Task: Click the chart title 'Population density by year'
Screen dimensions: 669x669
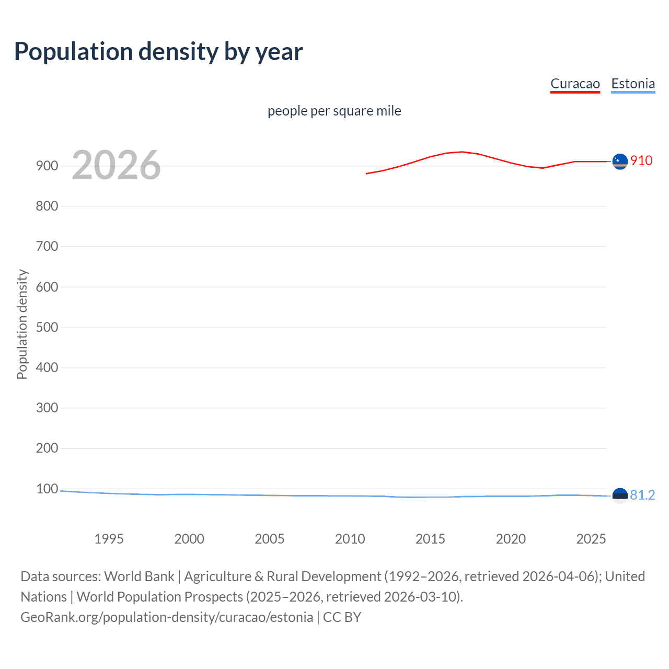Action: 158,52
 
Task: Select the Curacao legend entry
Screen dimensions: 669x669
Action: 575,84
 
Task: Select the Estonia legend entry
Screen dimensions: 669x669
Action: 633,84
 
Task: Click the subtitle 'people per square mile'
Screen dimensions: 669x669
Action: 334,111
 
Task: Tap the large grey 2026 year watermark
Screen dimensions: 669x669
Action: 116,165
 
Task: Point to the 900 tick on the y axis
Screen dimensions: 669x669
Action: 47,166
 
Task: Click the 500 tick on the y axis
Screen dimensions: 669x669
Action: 47,327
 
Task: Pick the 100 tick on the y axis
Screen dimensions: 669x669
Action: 47,489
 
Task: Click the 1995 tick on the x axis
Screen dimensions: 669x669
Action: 109,539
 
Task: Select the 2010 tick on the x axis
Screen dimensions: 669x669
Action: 350,539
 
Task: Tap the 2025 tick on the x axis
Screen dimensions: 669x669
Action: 591,539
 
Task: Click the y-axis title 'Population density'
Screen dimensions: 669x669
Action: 22,324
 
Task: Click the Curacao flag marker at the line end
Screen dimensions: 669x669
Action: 620,162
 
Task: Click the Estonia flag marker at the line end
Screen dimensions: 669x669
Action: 620,495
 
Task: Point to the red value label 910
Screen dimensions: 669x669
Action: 641,160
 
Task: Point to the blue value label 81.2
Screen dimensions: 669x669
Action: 642,495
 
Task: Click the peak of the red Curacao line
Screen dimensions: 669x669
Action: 462,152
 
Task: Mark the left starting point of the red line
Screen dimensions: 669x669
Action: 367,174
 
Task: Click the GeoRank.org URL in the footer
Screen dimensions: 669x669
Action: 167,617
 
